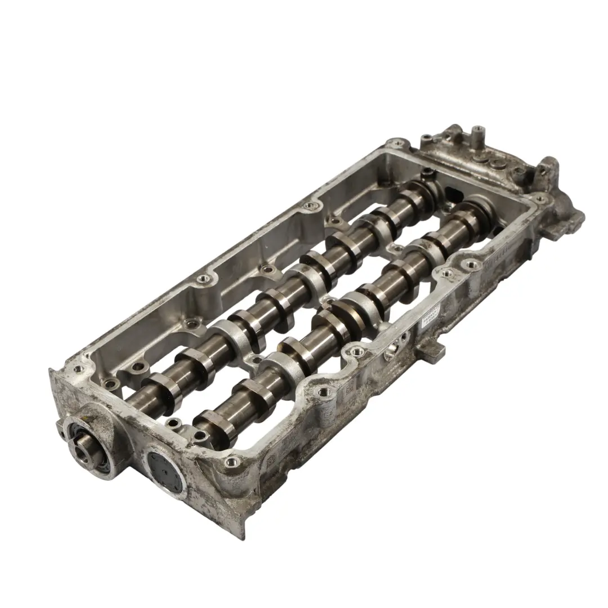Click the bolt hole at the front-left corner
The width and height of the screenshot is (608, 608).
(77, 369)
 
